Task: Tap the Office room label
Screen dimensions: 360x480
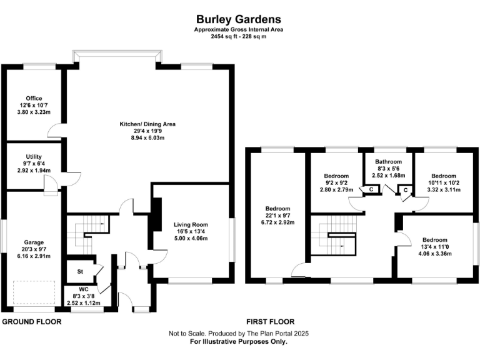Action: (34, 97)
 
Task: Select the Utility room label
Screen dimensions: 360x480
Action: (34, 156)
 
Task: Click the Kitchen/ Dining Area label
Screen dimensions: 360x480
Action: (147, 124)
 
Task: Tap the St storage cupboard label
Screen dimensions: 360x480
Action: (80, 271)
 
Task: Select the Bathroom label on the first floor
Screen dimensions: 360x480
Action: (389, 161)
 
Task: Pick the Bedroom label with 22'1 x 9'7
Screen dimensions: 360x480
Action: (277, 208)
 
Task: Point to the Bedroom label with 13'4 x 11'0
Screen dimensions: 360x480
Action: (434, 239)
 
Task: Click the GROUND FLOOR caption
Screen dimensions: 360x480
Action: (31, 322)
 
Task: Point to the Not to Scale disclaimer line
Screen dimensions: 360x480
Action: (239, 334)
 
